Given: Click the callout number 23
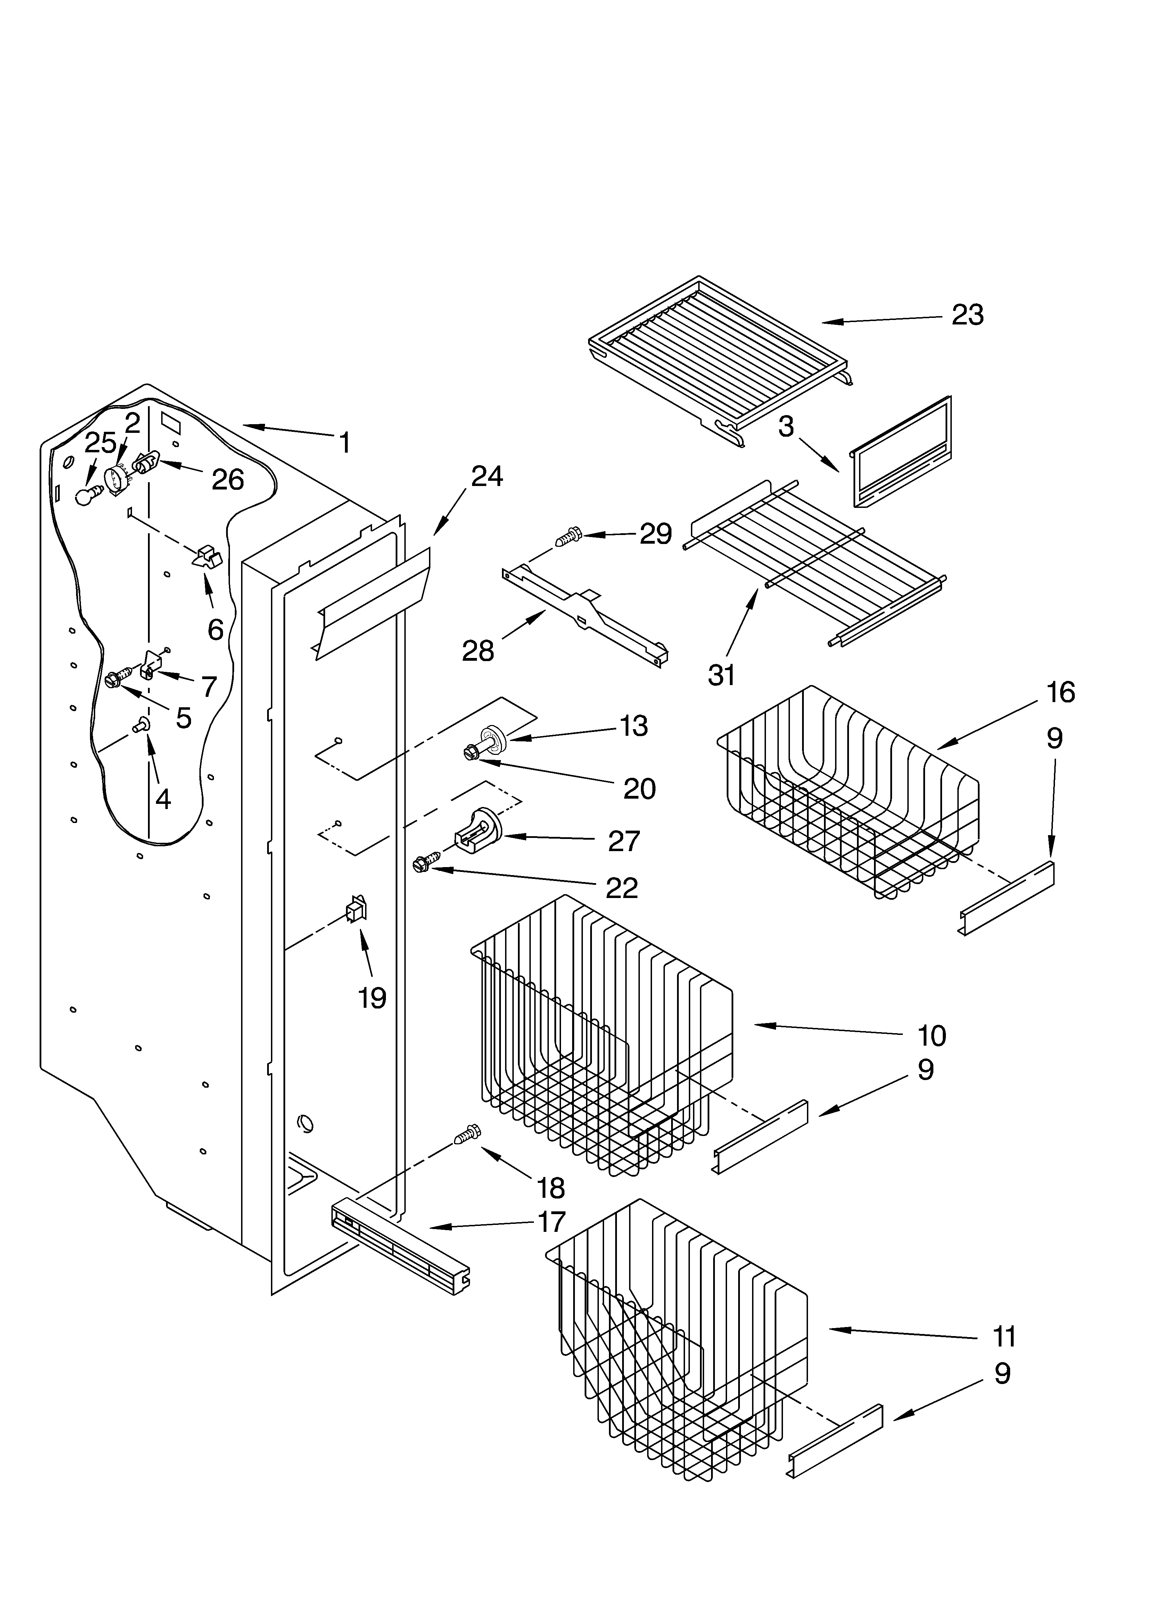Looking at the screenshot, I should coord(967,315).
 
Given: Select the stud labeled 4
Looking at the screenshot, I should coord(141,724).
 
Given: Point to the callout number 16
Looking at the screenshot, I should coord(1060,692).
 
